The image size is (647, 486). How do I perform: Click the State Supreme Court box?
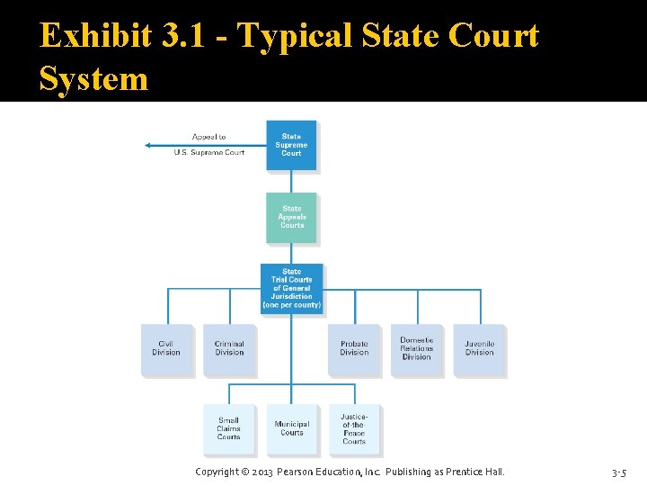coord(291,146)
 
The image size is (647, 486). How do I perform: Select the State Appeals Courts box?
coord(291,217)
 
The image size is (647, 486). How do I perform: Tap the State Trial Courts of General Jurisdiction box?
coord(291,288)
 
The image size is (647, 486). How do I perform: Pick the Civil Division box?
coord(166,349)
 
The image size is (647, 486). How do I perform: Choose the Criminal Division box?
coord(229,349)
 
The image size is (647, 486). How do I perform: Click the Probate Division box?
coord(354,349)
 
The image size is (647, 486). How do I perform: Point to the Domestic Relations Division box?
coord(416,349)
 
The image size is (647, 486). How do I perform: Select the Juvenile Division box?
coord(479,349)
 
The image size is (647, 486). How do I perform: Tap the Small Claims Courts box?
coord(229,428)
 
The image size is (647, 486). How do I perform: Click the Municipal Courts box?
coord(291,428)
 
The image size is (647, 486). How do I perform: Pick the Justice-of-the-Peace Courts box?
coord(354,428)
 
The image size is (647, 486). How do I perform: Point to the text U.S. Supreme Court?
coord(209,153)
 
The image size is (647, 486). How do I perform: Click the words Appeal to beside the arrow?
coord(209,137)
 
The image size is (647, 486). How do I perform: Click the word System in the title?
coord(93,79)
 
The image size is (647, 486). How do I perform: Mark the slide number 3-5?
coord(619,472)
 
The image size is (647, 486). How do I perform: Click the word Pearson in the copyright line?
coord(299,472)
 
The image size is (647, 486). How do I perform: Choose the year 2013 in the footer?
coord(261,472)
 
